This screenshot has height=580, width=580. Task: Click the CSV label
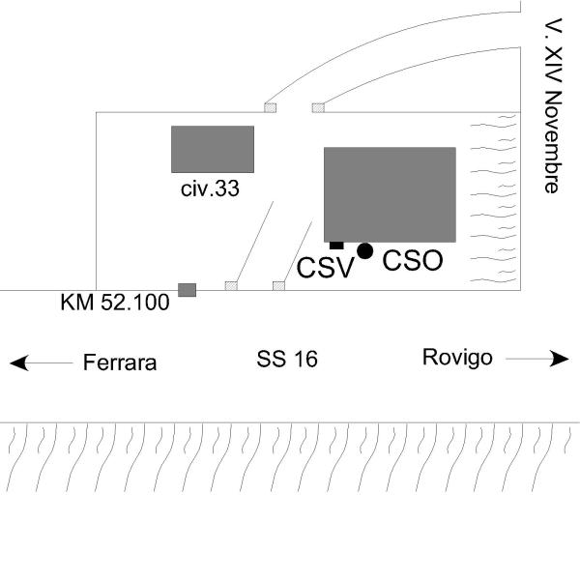(x=320, y=267)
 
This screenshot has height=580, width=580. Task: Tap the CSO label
(x=413, y=260)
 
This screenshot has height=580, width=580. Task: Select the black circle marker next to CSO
(x=364, y=251)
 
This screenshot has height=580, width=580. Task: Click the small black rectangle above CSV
(x=336, y=245)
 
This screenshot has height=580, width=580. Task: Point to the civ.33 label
(x=210, y=188)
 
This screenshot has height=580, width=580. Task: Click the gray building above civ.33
(x=213, y=149)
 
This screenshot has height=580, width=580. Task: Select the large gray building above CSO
(x=390, y=193)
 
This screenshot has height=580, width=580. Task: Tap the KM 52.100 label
(x=115, y=303)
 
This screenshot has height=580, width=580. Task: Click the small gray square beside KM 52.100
(x=188, y=289)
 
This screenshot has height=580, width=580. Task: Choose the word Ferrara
(x=120, y=363)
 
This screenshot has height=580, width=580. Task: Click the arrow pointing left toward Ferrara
(x=41, y=363)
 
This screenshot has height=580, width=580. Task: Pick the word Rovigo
(x=457, y=358)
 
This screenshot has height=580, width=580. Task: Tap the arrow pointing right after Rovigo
(x=537, y=359)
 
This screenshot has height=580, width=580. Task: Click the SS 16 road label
(x=287, y=361)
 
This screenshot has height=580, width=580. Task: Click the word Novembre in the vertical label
(x=551, y=143)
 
